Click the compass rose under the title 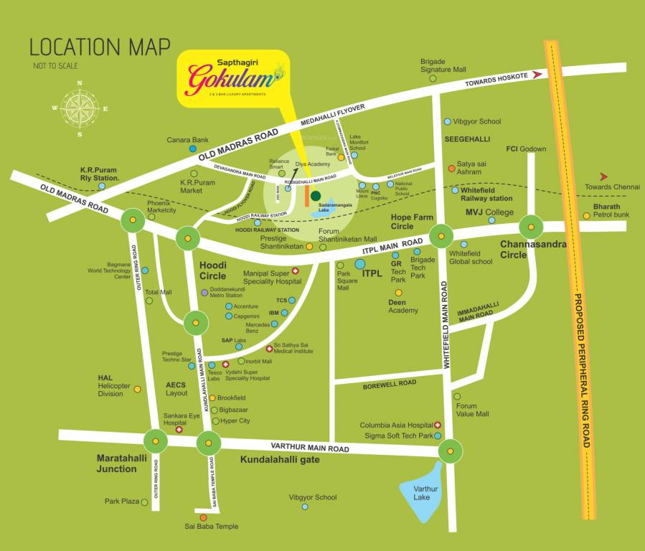(x=80, y=108)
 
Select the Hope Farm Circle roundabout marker (x=441, y=235)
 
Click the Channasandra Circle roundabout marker (x=531, y=227)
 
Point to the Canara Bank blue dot (x=192, y=149)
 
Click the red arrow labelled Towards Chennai (x=604, y=176)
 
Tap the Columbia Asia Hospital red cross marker (x=438, y=425)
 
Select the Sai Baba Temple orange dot (x=203, y=517)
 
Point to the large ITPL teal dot (x=360, y=264)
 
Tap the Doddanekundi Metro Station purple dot (x=204, y=292)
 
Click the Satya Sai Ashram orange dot (x=451, y=169)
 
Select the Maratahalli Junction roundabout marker (x=156, y=441)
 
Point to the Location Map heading (x=100, y=47)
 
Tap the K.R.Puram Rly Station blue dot (x=102, y=186)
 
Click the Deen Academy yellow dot (x=398, y=293)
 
